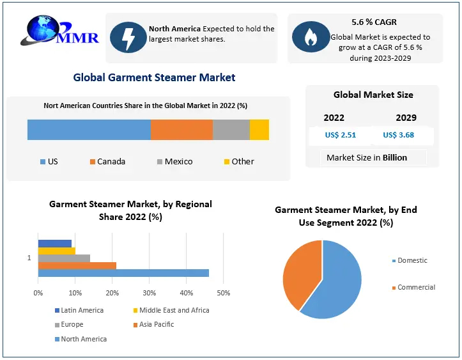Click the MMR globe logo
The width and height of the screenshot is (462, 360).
click(x=61, y=33)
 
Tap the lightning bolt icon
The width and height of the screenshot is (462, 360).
click(x=128, y=38)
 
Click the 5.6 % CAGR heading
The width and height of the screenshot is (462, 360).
click(x=374, y=22)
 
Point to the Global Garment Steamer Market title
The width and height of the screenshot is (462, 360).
click(x=154, y=77)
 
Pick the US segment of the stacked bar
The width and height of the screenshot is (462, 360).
click(x=89, y=130)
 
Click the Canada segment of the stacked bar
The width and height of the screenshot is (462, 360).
click(x=181, y=130)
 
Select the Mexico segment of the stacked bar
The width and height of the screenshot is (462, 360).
click(x=231, y=130)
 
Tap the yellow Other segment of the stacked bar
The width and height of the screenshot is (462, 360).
click(x=259, y=130)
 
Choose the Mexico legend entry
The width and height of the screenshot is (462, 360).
click(x=174, y=162)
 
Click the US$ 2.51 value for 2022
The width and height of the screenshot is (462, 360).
click(x=340, y=135)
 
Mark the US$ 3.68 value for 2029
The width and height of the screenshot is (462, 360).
click(x=399, y=135)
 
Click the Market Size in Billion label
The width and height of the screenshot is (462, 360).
click(x=366, y=157)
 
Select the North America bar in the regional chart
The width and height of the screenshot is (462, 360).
click(x=123, y=273)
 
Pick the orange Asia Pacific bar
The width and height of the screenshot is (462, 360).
click(x=77, y=265)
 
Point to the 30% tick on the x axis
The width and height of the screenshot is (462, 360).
click(x=149, y=293)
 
